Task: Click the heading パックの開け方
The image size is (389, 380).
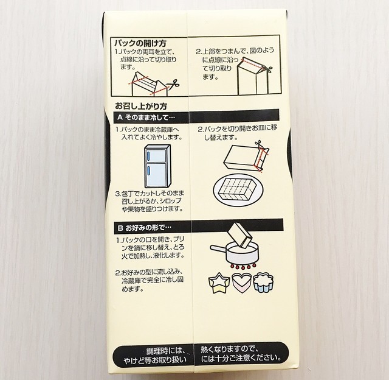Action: pos(140,43)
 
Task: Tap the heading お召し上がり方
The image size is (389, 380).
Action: pos(141,106)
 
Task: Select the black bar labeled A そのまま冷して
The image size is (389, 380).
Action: pos(196,116)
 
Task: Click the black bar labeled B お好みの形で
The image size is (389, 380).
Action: pos(199,226)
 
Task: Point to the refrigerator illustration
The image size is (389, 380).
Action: pos(157,166)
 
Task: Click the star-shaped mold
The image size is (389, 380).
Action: pos(219,283)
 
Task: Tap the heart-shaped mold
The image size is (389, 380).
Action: pos(241,283)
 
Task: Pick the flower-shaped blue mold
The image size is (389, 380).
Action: pos(263,283)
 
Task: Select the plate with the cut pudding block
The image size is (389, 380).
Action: pos(238,190)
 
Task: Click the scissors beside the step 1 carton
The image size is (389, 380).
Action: pos(173,85)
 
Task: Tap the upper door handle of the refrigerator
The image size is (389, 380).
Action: pos(148,156)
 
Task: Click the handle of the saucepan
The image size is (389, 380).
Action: pos(219,248)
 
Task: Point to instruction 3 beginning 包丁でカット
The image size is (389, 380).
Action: pos(150,201)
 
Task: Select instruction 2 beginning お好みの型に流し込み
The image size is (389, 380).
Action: pos(150,280)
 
